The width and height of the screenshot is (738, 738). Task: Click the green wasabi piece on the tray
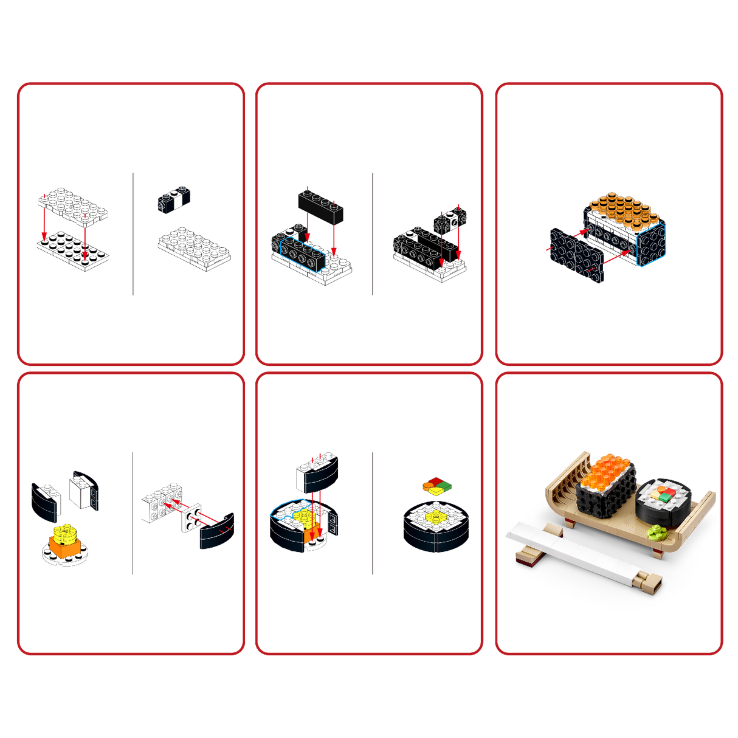[656, 533]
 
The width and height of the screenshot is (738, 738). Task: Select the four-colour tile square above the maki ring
[437, 485]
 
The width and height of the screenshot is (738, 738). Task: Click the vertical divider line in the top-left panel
[133, 234]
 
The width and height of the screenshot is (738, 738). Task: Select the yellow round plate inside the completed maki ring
[435, 518]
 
